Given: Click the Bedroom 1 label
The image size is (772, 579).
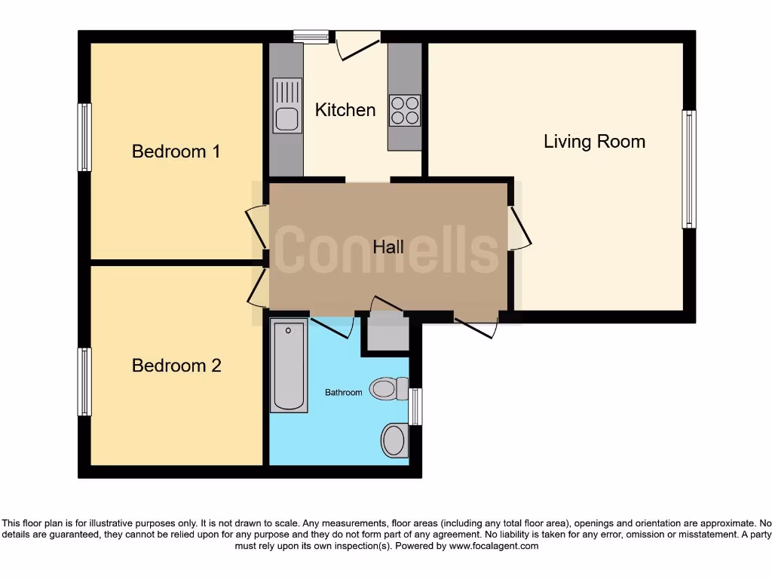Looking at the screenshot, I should (176, 152).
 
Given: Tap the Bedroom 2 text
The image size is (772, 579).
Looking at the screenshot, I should (176, 366).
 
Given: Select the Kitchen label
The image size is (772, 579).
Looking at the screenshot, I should (345, 110).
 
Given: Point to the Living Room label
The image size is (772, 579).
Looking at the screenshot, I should (594, 142).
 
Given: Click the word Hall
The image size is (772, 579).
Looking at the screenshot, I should (388, 247).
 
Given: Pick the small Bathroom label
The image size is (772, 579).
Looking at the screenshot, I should (343, 393).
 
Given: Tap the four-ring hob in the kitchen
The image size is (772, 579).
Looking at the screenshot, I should (405, 110).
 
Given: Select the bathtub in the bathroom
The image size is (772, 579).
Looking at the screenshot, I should (289, 366).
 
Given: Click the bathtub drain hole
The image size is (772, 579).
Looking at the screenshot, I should (289, 330).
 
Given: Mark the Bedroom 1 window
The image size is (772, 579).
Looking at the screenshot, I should (84, 137).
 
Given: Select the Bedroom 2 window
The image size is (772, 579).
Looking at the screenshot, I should (84, 381).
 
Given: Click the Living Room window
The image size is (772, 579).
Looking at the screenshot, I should (688, 169).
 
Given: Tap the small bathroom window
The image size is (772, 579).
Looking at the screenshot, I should (415, 406).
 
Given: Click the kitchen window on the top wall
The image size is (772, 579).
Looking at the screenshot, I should (311, 35).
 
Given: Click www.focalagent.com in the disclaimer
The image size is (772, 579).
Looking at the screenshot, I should (494, 546).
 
